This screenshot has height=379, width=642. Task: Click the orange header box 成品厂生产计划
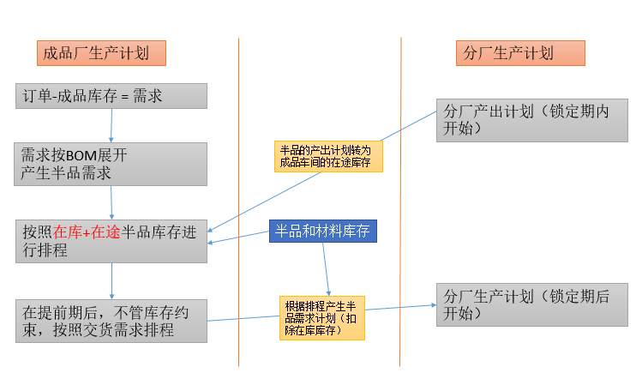[x=100, y=53]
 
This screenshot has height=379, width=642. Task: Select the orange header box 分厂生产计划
[x=519, y=53]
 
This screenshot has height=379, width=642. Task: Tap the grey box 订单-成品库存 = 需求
[x=111, y=96]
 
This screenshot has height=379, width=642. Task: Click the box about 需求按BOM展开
[x=111, y=164]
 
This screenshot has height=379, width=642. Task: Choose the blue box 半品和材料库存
[x=323, y=232]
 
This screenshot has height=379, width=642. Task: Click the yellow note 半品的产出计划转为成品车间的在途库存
[x=328, y=156]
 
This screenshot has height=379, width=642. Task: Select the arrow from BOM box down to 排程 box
[x=112, y=202]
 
